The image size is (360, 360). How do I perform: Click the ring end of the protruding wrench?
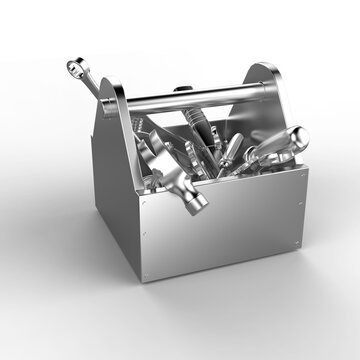(74, 67)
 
